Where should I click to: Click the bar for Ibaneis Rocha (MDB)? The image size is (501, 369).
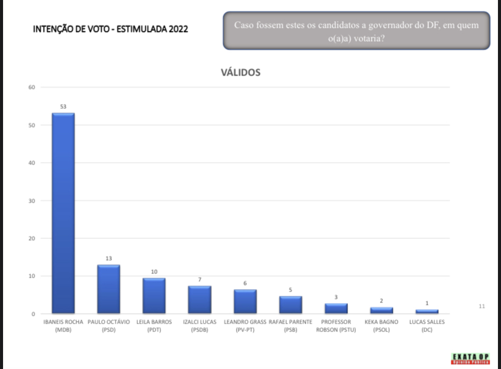coord(63,213)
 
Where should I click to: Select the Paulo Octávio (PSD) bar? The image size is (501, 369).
coord(108,289)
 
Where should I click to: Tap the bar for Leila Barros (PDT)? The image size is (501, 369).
coord(154,295)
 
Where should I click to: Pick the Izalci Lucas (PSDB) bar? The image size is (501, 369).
coord(199,299)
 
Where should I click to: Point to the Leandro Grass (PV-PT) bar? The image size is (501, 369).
coord(245,301)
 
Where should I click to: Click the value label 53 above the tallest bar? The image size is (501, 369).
coord(63,106)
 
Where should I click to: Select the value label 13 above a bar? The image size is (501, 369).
coord(108,258)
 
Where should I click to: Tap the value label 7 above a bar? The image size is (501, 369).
coord(199,279)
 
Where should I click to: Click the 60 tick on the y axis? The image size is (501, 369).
coord(31,88)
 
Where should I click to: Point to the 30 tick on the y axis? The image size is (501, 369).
coord(31,201)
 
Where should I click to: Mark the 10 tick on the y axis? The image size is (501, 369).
coord(31,276)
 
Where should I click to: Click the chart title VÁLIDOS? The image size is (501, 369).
coord(240,73)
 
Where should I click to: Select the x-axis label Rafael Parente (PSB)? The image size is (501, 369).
coord(290,325)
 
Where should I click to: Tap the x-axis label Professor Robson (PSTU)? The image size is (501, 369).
coord(336,325)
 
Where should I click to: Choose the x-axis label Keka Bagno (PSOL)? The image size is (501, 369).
coord(381,325)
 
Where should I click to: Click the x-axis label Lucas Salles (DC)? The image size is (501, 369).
coord(427,325)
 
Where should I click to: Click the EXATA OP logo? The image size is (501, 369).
coord(471,358)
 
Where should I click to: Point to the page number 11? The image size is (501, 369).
coord(482,307)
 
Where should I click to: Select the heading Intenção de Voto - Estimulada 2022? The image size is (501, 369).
coord(111,28)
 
